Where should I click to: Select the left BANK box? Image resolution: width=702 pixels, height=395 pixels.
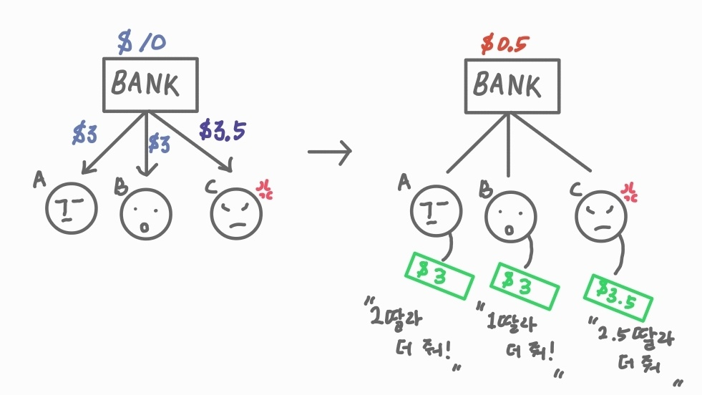[x=149, y=85]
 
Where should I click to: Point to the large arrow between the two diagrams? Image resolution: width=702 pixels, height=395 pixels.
[x=329, y=151]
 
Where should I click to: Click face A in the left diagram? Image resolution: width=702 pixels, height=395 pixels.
[x=71, y=209]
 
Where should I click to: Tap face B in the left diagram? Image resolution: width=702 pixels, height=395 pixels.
[x=146, y=214]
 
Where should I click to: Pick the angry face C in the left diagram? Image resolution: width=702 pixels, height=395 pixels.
[x=236, y=211]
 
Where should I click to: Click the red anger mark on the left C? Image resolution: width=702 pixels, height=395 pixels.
[x=265, y=190]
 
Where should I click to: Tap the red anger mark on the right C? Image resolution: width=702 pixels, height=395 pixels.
[x=630, y=191]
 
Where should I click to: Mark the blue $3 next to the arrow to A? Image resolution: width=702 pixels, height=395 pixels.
[x=85, y=135]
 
